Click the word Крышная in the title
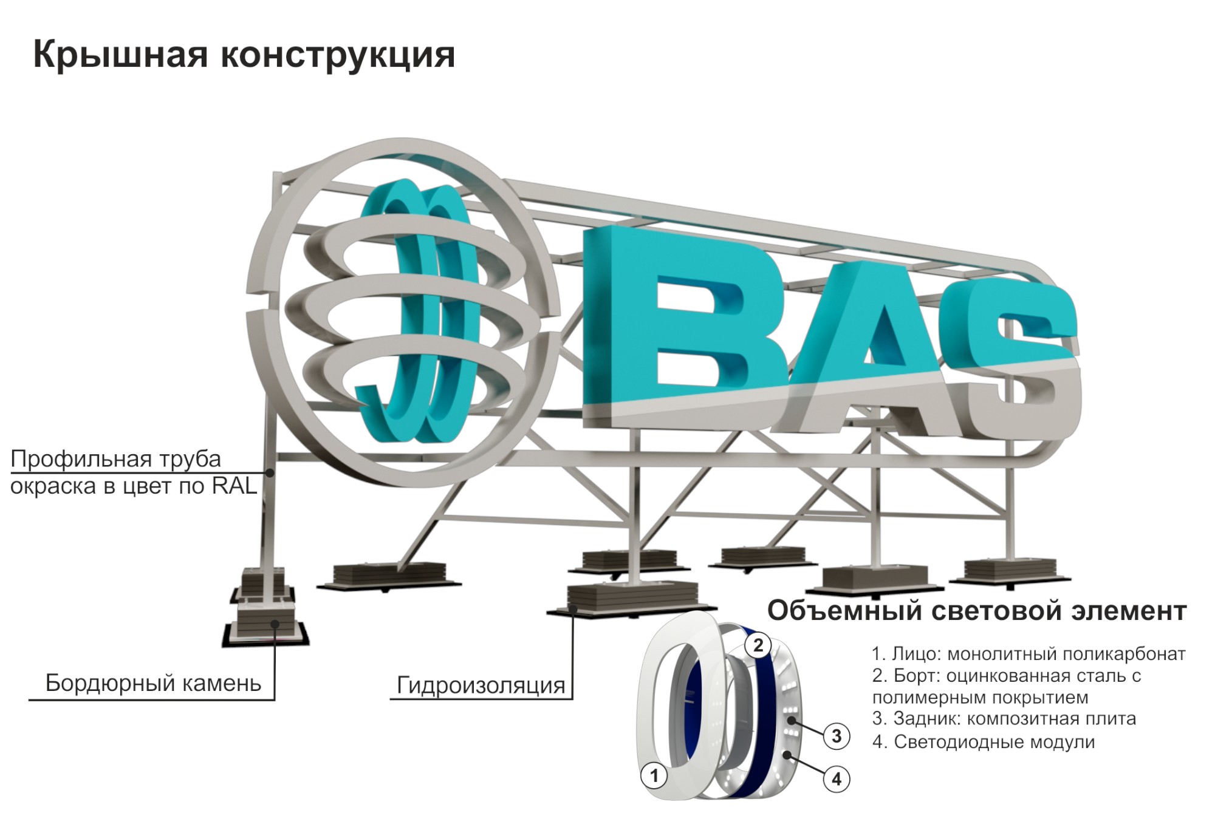pyautogui.click(x=121, y=55)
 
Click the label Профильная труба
pyautogui.click(x=115, y=459)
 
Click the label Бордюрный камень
pyautogui.click(x=153, y=683)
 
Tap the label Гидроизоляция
pyautogui.click(x=481, y=685)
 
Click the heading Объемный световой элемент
pyautogui.click(x=976, y=611)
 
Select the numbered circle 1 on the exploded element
pyautogui.click(x=654, y=775)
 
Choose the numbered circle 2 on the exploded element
pyautogui.click(x=758, y=645)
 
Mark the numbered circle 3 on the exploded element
pyautogui.click(x=837, y=736)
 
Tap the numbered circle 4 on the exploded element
pyautogui.click(x=837, y=779)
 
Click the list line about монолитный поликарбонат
pyautogui.click(x=1028, y=654)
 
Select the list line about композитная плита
pyautogui.click(x=1004, y=719)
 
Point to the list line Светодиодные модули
pyautogui.click(x=983, y=741)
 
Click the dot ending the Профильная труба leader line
pyautogui.click(x=271, y=472)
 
